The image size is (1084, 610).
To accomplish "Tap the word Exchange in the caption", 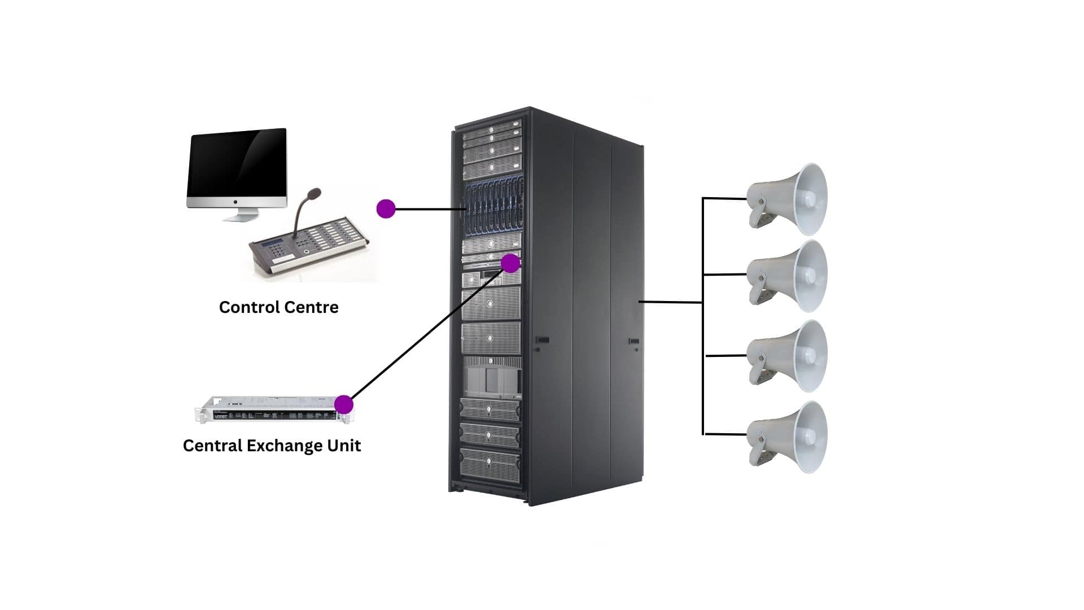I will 276,446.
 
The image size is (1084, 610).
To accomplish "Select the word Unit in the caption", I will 344,446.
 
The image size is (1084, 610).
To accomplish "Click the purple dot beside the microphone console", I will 386,209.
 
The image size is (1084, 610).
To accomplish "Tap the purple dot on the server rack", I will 510,263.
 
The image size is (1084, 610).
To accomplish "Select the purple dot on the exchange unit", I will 343,404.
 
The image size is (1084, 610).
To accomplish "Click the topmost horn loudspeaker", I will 790,199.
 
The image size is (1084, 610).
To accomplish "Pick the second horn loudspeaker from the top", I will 790,276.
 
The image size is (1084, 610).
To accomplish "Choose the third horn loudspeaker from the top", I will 790,356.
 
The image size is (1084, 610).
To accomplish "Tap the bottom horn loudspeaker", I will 790,437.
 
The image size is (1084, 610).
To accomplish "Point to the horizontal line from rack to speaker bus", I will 670,302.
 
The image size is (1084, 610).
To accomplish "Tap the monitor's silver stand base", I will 239,216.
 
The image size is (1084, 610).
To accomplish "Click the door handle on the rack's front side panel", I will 542,340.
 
